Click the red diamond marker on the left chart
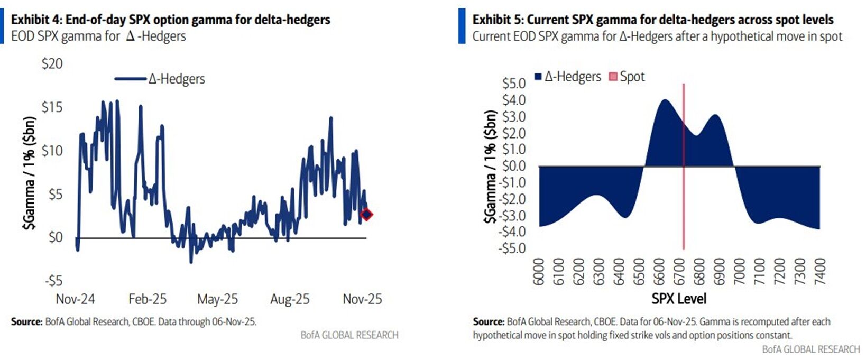pyautogui.click(x=366, y=214)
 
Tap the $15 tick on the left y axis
pyautogui.click(x=52, y=107)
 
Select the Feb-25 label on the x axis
pyautogui.click(x=148, y=299)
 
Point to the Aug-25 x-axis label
pyautogui.click(x=290, y=299)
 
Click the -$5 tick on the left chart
pyautogui.click(x=52, y=280)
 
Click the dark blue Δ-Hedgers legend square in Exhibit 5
pyautogui.click(x=538, y=77)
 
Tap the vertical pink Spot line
pyautogui.click(x=684, y=211)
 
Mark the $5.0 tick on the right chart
pyautogui.click(x=513, y=84)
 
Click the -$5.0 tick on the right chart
pyautogui.click(x=512, y=248)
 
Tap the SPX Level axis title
pyautogui.click(x=679, y=299)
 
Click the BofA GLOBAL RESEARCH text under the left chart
pyautogui.click(x=349, y=335)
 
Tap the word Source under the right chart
pyautogui.click(x=488, y=321)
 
